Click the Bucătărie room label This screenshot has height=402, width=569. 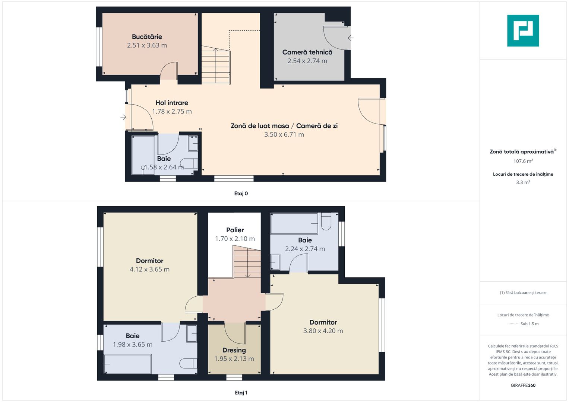[x=147, y=37]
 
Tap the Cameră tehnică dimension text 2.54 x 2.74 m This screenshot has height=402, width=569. [x=307, y=61]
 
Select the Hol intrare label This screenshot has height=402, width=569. [x=172, y=103]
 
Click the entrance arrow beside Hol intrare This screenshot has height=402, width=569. [x=123, y=117]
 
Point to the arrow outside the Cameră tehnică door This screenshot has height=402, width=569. [x=350, y=38]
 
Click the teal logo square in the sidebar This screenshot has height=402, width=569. [x=523, y=31]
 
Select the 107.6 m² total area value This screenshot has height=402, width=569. [x=523, y=161]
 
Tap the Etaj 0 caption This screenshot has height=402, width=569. [x=241, y=194]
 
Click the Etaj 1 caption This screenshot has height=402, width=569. [x=241, y=393]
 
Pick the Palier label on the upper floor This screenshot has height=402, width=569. [x=235, y=230]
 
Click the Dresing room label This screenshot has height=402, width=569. [x=234, y=350]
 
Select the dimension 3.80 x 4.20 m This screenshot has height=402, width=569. [x=323, y=331]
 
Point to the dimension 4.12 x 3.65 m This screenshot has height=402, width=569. [x=149, y=269]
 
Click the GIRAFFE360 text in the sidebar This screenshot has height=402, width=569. [x=523, y=385]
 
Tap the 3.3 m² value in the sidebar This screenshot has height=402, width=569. [x=523, y=182]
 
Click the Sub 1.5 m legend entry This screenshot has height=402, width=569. [x=529, y=324]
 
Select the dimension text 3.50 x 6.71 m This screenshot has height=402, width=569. [x=284, y=135]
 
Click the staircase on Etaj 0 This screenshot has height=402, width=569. [x=215, y=66]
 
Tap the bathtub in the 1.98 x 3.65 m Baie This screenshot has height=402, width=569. [x=127, y=364]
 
